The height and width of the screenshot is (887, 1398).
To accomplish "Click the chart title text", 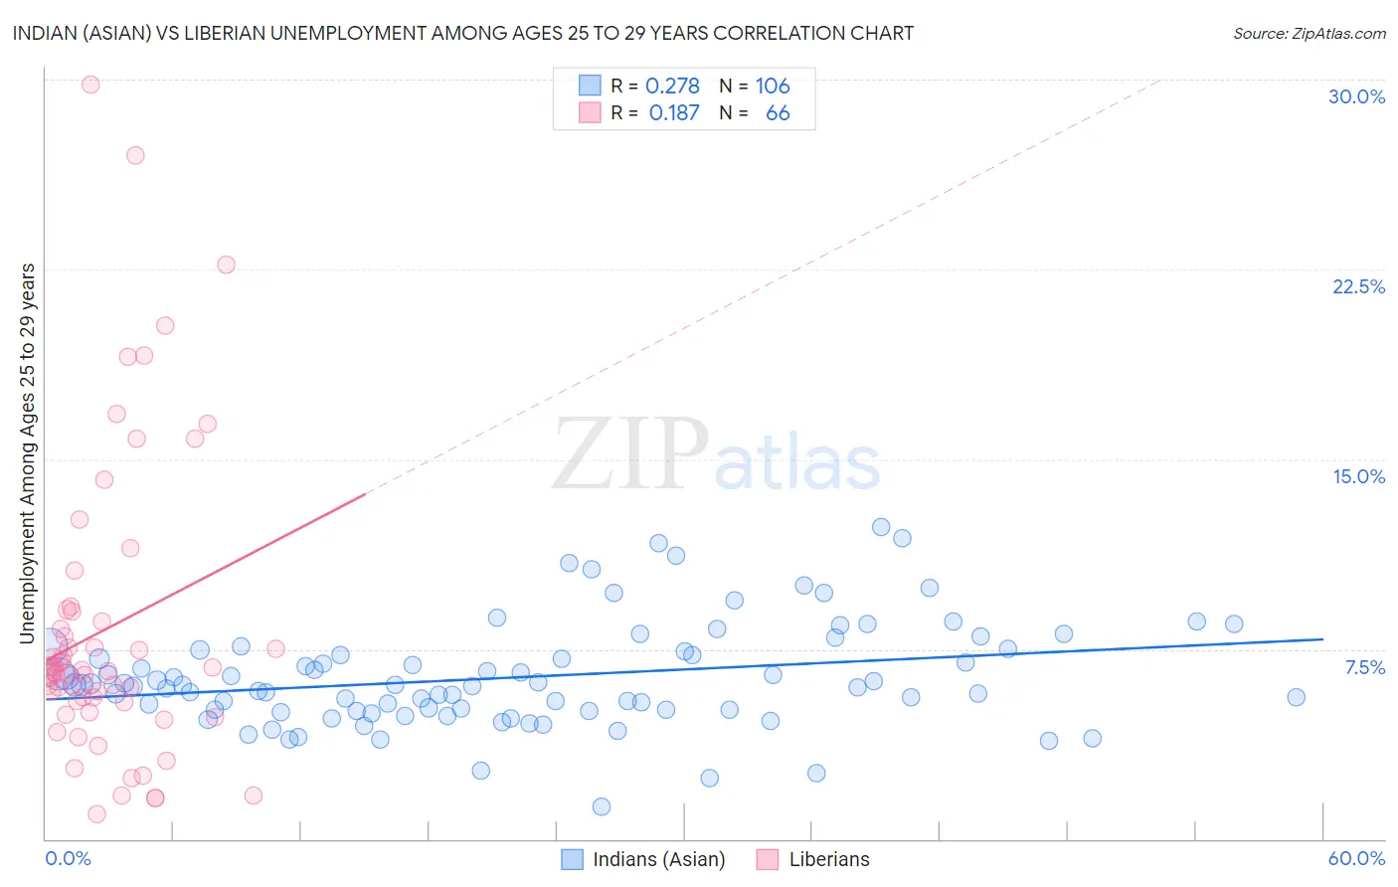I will click(x=463, y=33).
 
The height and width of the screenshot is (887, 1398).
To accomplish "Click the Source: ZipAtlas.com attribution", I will click(x=1309, y=33).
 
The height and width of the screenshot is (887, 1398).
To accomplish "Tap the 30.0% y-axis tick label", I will click(x=1356, y=96).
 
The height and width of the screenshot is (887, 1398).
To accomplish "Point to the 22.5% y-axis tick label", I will click(x=1358, y=286).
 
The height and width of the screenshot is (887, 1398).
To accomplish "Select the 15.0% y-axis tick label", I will click(x=1358, y=476).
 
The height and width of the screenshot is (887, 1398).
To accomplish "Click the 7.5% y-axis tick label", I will click(x=1364, y=667).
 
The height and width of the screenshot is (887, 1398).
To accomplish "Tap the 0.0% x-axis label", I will click(x=68, y=858).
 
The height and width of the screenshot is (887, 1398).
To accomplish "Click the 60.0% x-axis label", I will click(x=1356, y=858).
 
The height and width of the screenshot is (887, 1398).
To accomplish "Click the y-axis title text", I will click(x=28, y=453).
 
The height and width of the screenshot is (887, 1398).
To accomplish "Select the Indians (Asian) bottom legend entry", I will click(x=658, y=859).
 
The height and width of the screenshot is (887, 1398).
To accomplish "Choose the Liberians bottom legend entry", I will click(x=828, y=859).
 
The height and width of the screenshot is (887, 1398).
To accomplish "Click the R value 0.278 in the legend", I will click(x=672, y=87).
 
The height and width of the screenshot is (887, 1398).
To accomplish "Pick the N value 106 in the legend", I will click(x=773, y=87).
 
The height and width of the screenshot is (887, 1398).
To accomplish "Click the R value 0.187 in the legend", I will click(x=674, y=113).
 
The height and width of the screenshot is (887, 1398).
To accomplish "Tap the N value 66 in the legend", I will click(x=778, y=113).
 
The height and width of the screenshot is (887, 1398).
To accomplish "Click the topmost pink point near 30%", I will click(x=90, y=85).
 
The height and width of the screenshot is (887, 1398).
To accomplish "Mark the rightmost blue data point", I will click(x=1296, y=697).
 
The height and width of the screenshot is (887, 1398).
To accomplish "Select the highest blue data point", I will click(x=881, y=527).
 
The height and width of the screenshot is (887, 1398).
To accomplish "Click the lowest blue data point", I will click(x=602, y=806).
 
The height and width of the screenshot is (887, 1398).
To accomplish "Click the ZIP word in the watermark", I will click(x=630, y=455).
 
